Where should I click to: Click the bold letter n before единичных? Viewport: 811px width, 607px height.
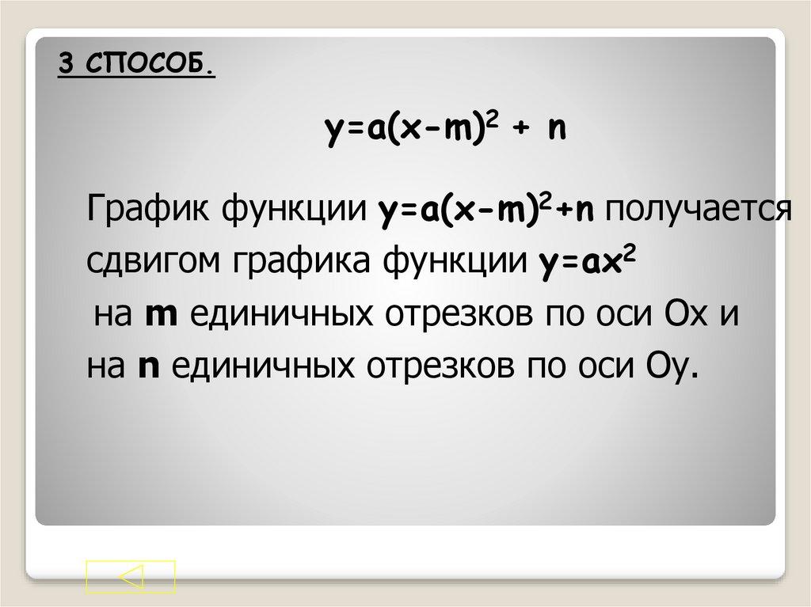(x=145, y=367)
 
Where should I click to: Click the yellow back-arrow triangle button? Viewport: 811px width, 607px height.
(x=131, y=576)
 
